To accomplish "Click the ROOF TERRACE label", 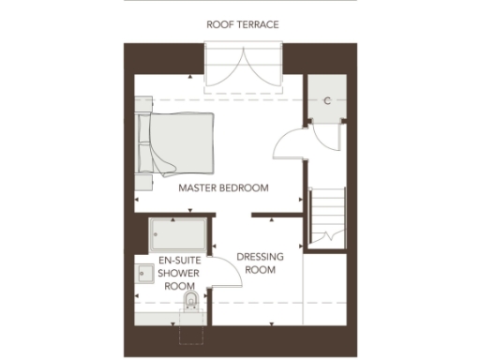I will click(x=243, y=24).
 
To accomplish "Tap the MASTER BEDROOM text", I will click(x=223, y=188).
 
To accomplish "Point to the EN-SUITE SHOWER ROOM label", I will click(x=175, y=272).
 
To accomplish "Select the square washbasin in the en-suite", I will click(x=144, y=273).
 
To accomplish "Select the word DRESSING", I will click(x=254, y=256).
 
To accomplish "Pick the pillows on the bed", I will click(x=144, y=144).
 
